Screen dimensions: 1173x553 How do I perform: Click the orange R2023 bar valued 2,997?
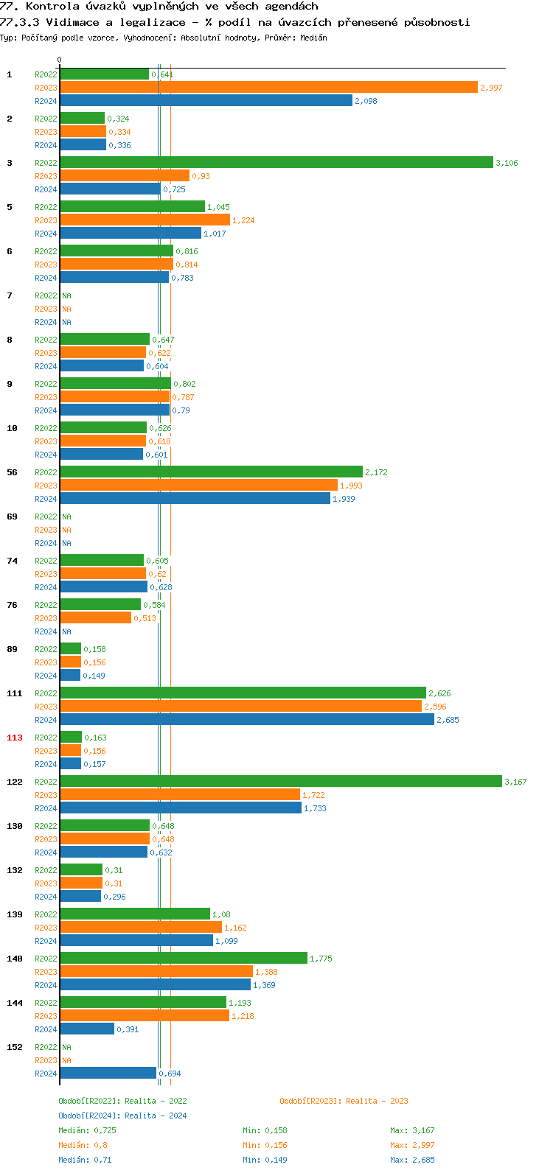[x=268, y=88]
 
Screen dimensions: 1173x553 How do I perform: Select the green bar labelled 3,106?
[x=276, y=163]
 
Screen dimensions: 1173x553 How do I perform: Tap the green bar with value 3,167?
[x=280, y=782]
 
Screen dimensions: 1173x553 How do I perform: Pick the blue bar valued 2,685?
[x=246, y=720]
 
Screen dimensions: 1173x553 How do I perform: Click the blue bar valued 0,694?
[x=108, y=1074]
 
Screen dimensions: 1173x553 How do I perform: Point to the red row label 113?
[x=15, y=738]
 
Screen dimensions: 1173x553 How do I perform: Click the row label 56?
[x=13, y=472]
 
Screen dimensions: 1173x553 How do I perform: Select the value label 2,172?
[x=376, y=472]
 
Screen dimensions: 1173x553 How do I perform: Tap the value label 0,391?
[x=128, y=1029]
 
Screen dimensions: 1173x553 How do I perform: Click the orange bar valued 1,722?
[x=180, y=795]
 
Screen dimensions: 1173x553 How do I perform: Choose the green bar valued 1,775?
[x=183, y=959]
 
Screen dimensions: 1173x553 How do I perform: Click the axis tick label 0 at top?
[x=60, y=60]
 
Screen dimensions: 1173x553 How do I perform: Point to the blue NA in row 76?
[x=66, y=631]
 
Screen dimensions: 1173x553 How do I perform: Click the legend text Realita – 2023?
[x=377, y=1101]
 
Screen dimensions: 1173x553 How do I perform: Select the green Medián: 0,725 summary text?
[x=87, y=1130]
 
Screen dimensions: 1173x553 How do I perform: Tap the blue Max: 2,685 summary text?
[x=412, y=1160]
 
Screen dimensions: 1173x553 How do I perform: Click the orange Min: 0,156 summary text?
[x=265, y=1145]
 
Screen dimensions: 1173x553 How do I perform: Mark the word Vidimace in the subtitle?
[x=71, y=22]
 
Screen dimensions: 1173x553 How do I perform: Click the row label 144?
[x=15, y=1003]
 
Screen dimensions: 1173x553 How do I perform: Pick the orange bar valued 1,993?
[x=198, y=486]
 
